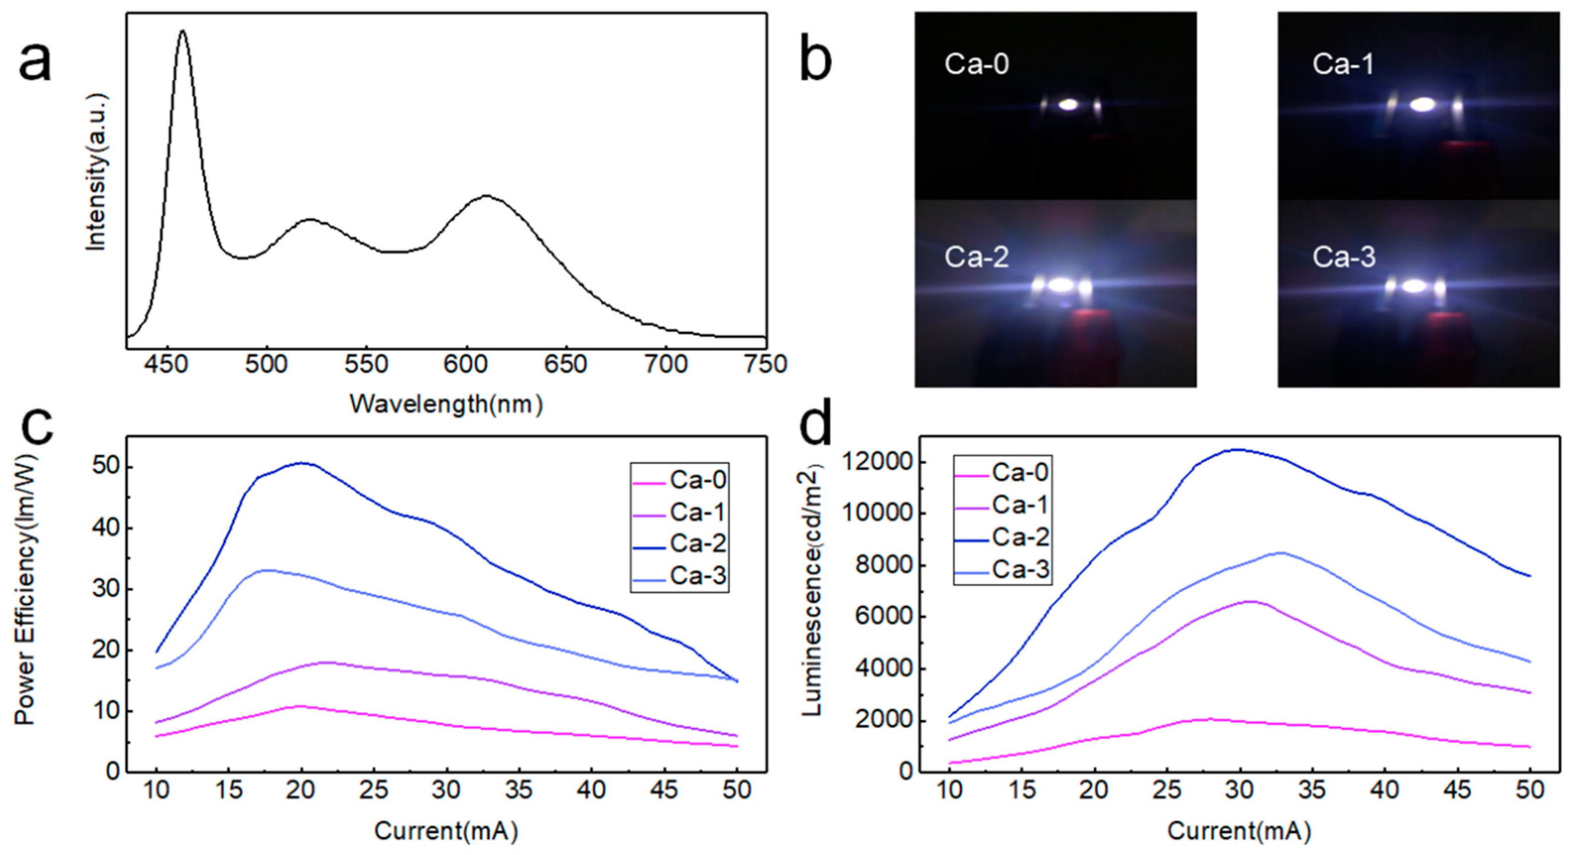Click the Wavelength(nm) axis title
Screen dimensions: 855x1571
(x=446, y=404)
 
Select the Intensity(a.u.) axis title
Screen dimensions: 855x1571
(x=96, y=172)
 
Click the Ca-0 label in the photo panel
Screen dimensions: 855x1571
(x=976, y=64)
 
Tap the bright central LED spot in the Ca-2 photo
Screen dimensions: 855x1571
(x=1061, y=285)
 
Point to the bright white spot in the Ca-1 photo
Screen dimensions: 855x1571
(x=1422, y=105)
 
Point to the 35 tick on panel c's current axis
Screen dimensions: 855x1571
(x=519, y=791)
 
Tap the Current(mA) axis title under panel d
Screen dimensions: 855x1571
(x=1239, y=831)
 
